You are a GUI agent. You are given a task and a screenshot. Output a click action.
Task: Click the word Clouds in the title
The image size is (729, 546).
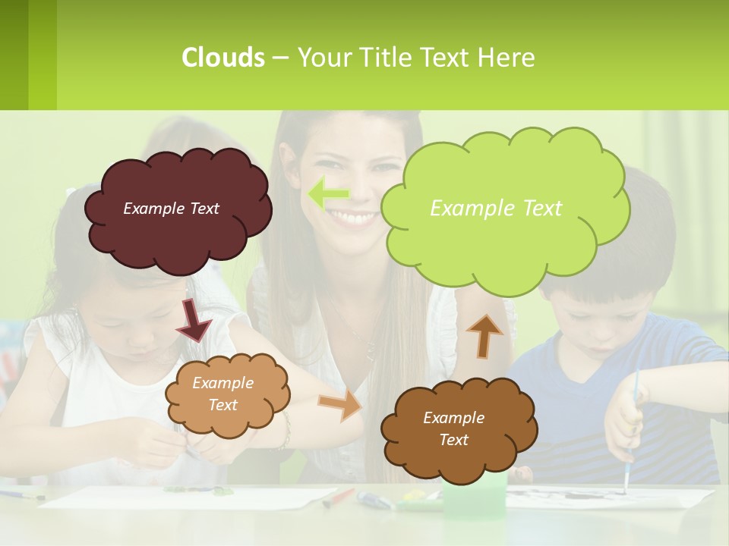(223, 58)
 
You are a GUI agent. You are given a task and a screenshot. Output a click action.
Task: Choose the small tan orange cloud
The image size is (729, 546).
(227, 394)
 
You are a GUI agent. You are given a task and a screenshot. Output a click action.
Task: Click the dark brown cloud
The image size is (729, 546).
(459, 428)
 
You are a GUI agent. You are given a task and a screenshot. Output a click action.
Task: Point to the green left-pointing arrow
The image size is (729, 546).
(328, 194)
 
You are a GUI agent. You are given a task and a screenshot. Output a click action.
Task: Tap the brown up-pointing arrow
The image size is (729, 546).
(484, 334)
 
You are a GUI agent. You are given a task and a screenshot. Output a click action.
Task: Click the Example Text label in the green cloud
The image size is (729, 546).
(496, 208)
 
